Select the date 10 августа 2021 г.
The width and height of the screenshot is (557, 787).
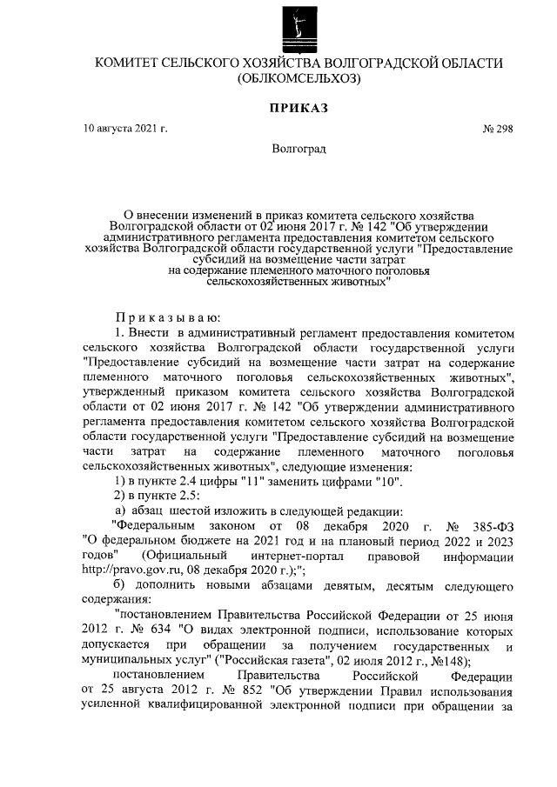125,129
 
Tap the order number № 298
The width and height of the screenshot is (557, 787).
496,129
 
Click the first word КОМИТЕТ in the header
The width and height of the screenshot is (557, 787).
126,64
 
